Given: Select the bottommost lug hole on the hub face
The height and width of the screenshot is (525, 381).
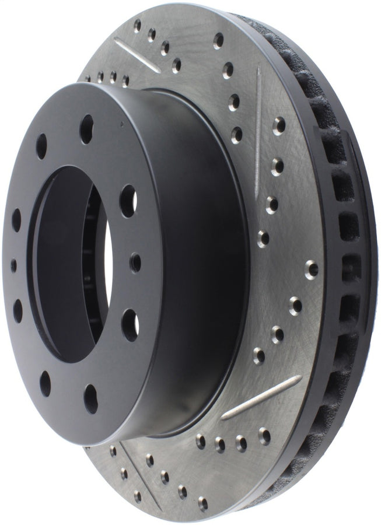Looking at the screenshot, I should click(x=90, y=398).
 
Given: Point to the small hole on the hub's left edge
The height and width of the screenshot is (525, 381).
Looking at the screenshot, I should click(x=13, y=265).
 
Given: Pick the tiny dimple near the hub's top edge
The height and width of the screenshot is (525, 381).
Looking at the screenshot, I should click(x=122, y=124).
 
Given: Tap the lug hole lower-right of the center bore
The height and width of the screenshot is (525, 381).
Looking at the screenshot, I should click(x=130, y=324).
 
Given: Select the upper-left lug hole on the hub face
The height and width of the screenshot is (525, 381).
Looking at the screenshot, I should click(x=41, y=145).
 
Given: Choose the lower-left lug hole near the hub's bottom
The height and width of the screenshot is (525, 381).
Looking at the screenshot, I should click(x=45, y=383).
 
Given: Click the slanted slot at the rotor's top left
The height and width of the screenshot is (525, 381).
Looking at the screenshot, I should click(x=137, y=55).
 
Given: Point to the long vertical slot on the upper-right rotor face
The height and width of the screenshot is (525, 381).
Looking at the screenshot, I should click(x=257, y=123).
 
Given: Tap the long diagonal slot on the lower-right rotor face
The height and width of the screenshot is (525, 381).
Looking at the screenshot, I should click(x=261, y=397).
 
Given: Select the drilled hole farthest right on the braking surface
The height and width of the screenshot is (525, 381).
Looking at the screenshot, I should click(x=312, y=268).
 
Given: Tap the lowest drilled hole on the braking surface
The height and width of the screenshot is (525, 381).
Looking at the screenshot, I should click(x=202, y=501).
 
